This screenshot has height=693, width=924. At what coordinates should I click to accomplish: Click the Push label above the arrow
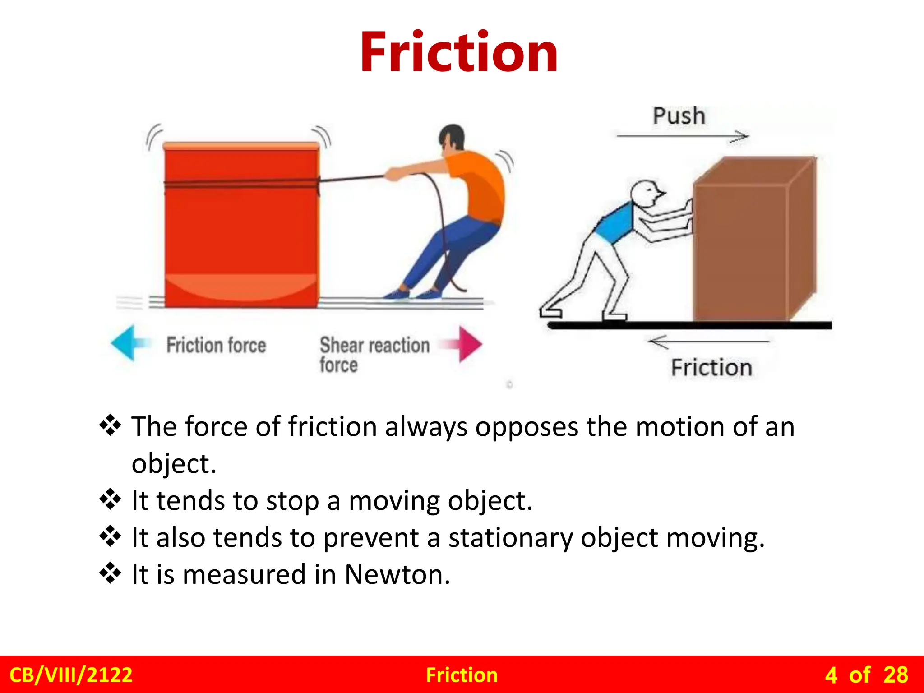click(679, 116)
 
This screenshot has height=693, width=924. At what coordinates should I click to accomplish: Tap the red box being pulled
click(242, 226)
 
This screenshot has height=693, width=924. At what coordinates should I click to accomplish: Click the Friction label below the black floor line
click(711, 367)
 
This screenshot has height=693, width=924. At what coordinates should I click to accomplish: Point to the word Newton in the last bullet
click(397, 575)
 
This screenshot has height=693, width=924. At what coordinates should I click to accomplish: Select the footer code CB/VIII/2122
click(71, 675)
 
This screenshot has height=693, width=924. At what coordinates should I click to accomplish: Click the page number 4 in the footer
click(831, 675)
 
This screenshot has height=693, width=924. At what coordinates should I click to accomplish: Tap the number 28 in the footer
click(896, 675)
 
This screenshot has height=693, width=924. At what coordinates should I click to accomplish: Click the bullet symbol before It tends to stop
click(110, 499)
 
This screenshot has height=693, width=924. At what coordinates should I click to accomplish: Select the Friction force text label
click(216, 345)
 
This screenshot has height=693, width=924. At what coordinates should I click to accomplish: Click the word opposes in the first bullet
click(526, 427)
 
